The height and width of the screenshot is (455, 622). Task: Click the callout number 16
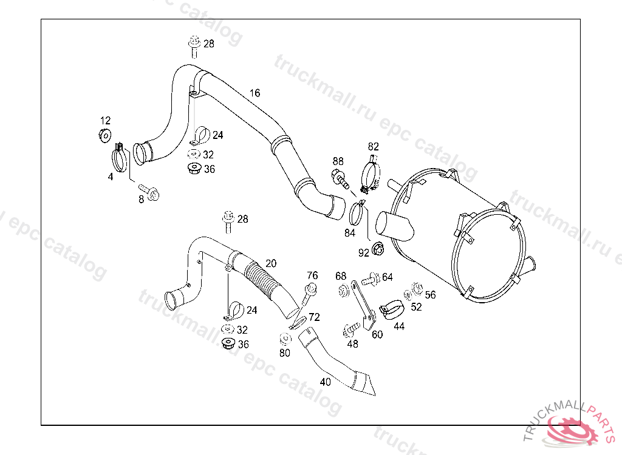[255, 93]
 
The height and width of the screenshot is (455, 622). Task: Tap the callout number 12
[105, 120]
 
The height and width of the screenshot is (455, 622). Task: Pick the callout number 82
[373, 146]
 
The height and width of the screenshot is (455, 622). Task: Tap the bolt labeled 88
[339, 178]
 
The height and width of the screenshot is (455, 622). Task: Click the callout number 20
[271, 263]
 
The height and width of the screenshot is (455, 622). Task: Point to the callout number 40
[326, 382]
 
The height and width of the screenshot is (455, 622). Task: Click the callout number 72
[314, 317]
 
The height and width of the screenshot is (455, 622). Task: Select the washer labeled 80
[284, 338]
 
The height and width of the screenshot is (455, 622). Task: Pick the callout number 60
[377, 334]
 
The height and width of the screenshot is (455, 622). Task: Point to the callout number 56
[430, 295]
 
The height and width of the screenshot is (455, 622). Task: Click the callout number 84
[350, 233]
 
